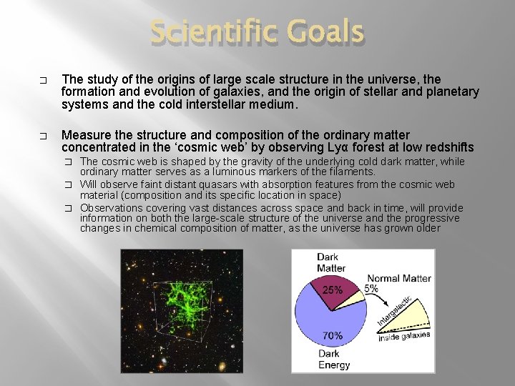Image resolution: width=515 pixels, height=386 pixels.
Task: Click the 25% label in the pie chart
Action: [333, 290]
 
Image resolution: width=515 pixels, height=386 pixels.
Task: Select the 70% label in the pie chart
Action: [332, 335]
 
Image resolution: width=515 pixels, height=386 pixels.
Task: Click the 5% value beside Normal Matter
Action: [372, 289]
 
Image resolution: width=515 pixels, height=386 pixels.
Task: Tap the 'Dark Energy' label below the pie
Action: [333, 359]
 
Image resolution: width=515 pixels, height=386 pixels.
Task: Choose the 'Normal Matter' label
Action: [399, 278]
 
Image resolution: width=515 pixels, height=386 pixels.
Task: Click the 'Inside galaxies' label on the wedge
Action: [405, 336]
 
